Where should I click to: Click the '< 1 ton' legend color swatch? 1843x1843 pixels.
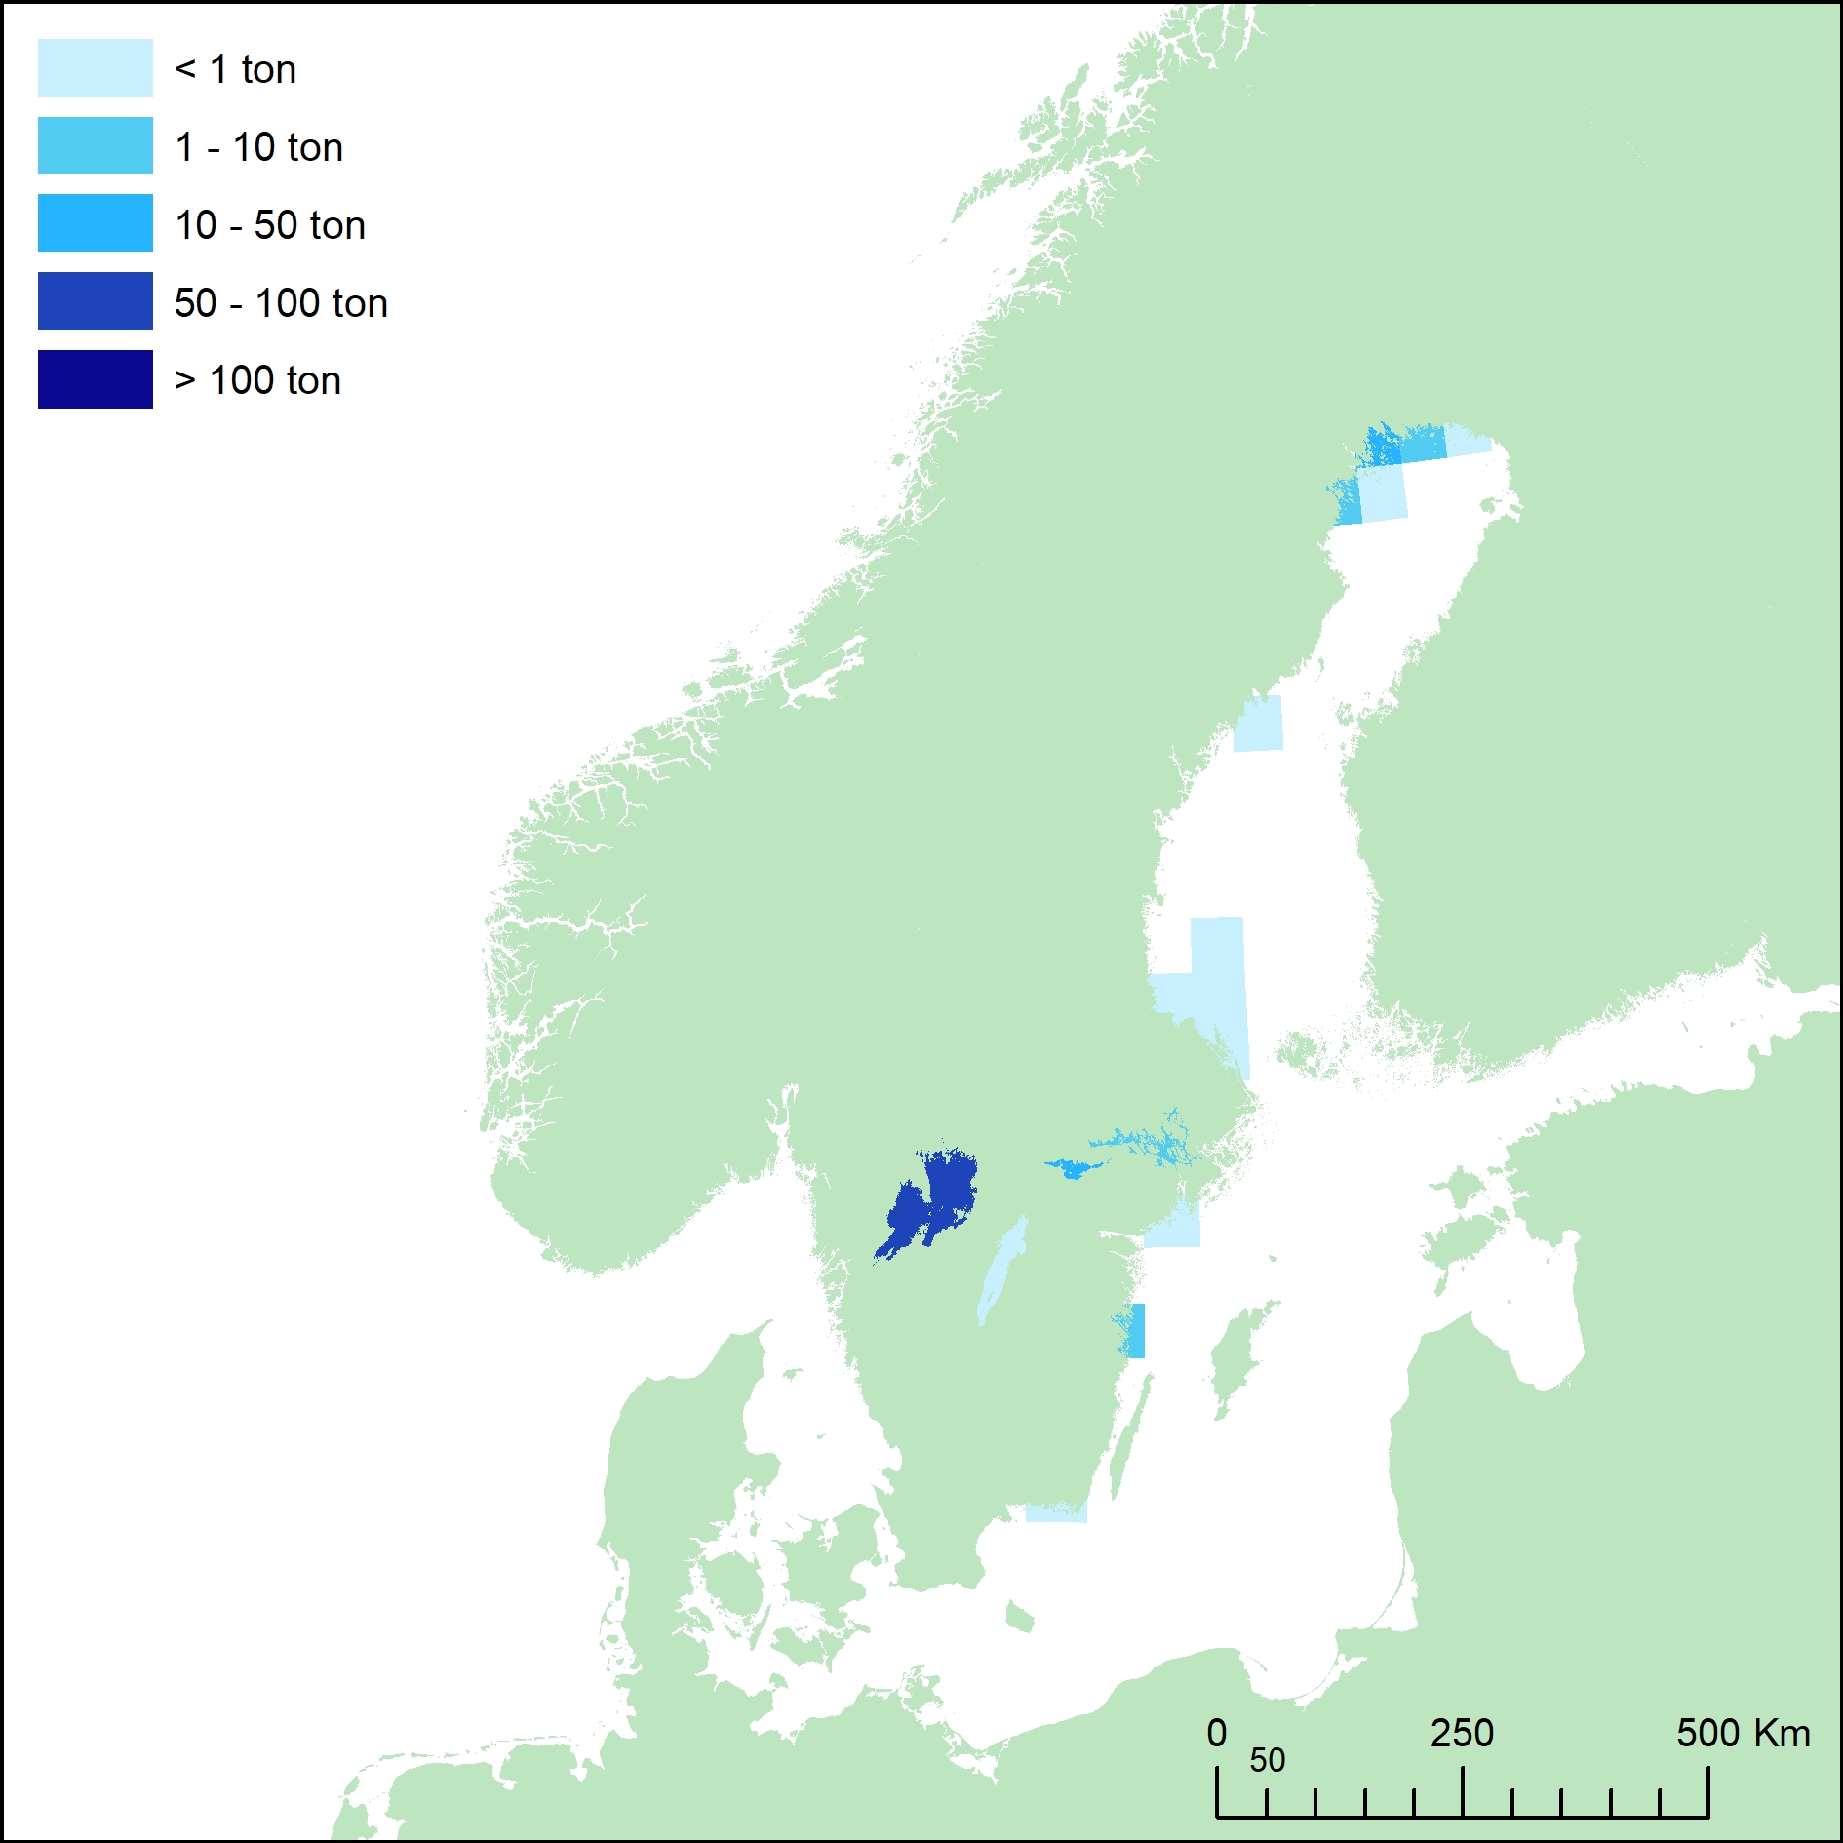(95, 68)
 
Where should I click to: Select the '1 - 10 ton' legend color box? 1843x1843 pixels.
(95, 145)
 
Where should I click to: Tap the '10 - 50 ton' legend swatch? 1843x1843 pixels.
(95, 223)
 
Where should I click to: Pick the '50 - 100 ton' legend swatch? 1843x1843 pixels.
(95, 301)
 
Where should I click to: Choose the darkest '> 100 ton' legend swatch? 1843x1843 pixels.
(95, 379)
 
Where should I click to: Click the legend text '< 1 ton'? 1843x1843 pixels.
(235, 69)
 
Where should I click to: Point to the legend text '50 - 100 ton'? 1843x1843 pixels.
(281, 303)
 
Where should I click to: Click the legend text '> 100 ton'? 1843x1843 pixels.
(257, 380)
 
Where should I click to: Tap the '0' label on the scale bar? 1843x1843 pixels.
(1216, 1733)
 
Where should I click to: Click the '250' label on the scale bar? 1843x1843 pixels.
(1462, 1733)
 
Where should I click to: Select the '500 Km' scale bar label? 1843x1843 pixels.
(1743, 1733)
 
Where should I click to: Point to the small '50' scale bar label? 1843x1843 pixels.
(1267, 1760)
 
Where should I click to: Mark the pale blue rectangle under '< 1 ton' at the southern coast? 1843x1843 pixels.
(1056, 1512)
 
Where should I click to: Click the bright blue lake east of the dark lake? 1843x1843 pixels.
(1073, 1167)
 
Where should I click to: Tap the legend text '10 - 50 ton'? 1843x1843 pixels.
(270, 225)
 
